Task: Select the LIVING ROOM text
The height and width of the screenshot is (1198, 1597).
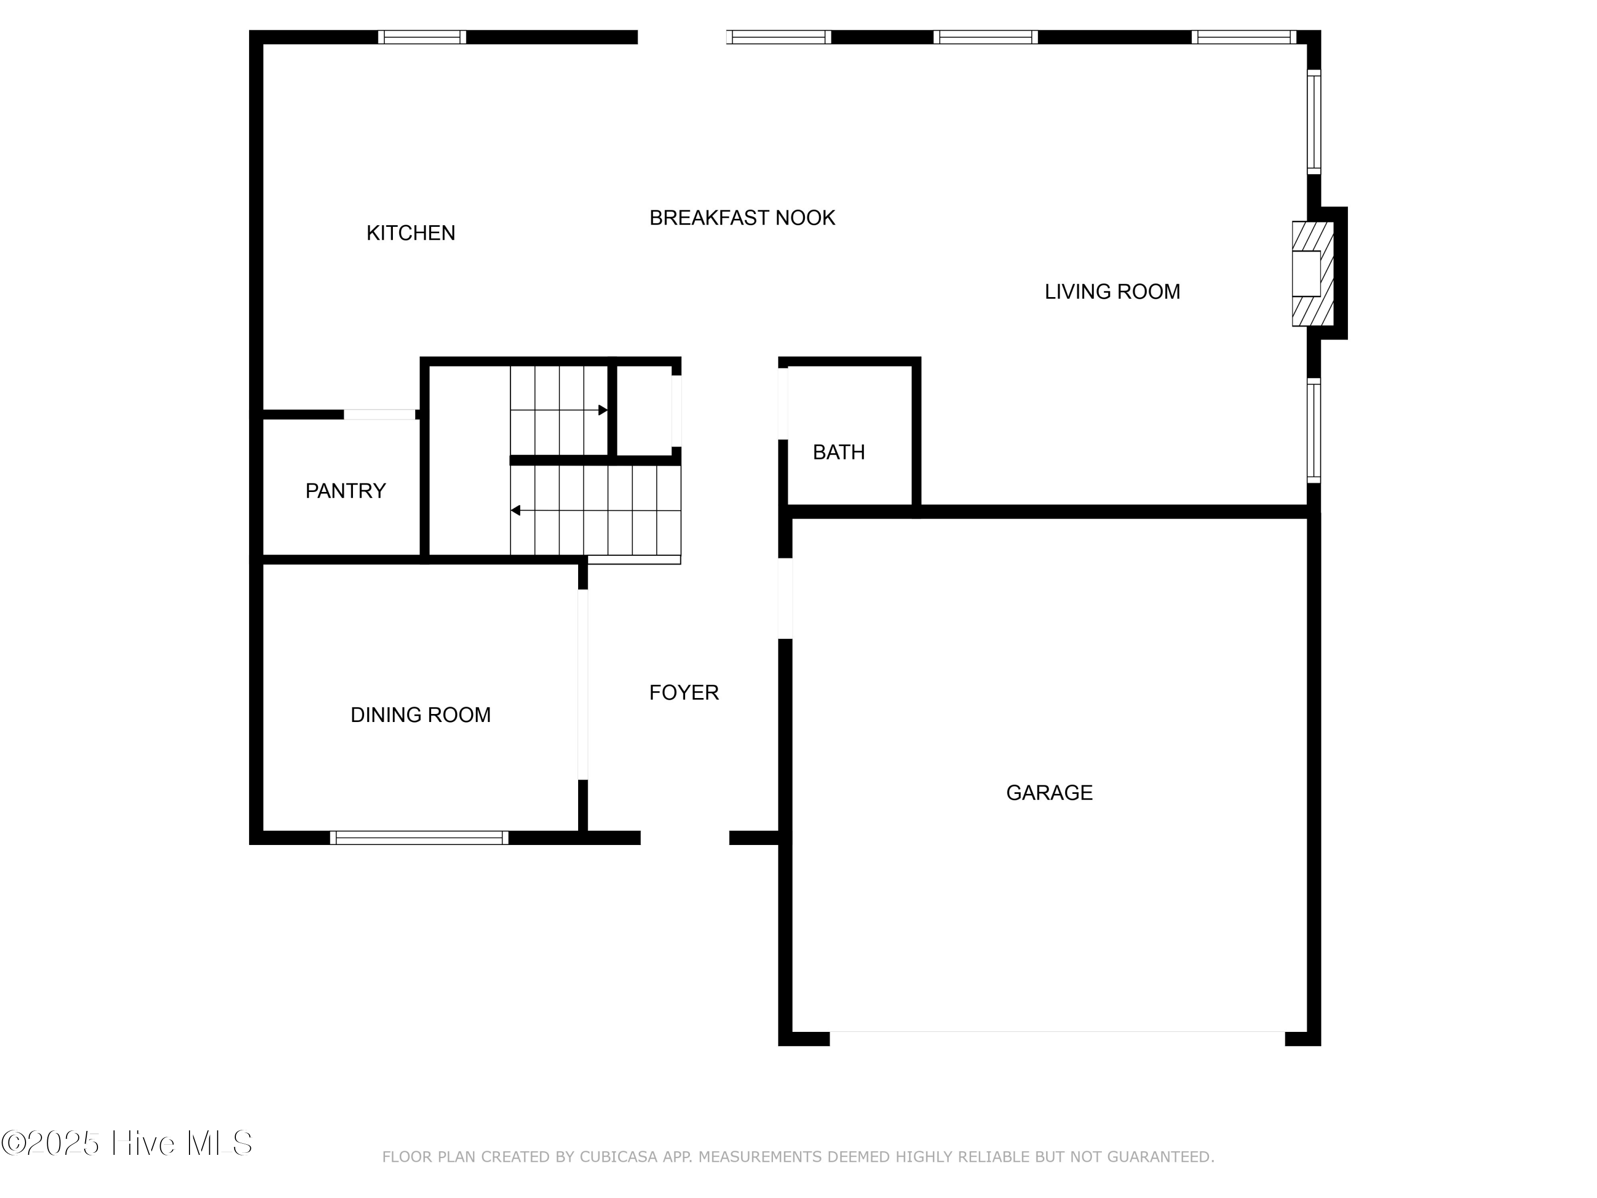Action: click(1112, 292)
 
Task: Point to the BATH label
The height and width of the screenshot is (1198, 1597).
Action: click(838, 452)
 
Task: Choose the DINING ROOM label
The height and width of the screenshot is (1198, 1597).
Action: click(420, 715)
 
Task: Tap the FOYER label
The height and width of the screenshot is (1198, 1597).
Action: click(683, 693)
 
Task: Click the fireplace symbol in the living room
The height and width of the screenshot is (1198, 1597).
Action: click(1311, 274)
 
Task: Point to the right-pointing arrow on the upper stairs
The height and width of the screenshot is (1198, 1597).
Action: click(602, 410)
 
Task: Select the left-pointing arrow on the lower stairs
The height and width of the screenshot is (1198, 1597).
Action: click(515, 511)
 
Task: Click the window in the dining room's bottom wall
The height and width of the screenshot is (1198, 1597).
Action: click(419, 838)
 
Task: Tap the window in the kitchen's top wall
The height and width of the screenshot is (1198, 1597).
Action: click(422, 37)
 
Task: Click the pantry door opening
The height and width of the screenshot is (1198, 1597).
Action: click(379, 414)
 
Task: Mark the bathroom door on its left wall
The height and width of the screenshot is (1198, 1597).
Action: click(783, 404)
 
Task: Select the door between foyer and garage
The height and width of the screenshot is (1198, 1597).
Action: click(785, 598)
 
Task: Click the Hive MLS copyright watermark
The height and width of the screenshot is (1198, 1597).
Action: click(127, 1143)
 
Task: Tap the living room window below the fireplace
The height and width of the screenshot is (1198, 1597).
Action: click(1314, 430)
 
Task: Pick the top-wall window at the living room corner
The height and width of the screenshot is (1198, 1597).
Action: click(1243, 37)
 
